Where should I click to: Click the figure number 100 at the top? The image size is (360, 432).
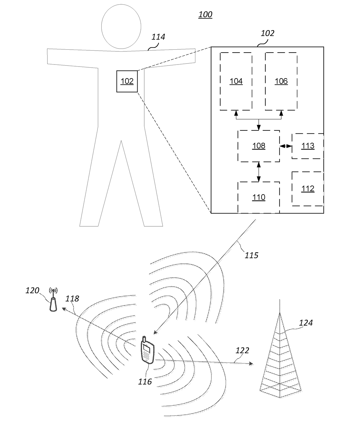click(x=205, y=14)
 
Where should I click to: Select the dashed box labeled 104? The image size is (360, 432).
click(x=236, y=81)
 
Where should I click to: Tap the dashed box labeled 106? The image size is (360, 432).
click(x=281, y=81)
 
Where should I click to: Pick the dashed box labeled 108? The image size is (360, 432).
click(x=259, y=146)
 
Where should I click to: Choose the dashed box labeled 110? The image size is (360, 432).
click(x=259, y=198)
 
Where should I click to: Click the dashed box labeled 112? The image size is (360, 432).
click(x=308, y=189)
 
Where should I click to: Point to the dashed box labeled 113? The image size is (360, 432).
click(x=308, y=146)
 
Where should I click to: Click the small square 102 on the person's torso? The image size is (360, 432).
click(x=127, y=81)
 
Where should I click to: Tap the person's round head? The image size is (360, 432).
click(x=121, y=26)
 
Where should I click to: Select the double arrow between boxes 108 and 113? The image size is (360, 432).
click(x=286, y=146)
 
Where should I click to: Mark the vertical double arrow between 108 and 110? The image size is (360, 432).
click(x=259, y=172)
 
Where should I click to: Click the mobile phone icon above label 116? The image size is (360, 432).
click(x=147, y=350)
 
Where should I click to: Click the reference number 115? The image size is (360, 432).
click(x=251, y=255)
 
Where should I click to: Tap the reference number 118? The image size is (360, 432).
click(x=72, y=299)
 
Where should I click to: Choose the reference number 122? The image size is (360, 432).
click(x=242, y=350)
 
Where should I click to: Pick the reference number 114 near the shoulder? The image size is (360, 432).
click(x=158, y=37)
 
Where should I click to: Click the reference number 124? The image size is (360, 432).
click(x=306, y=323)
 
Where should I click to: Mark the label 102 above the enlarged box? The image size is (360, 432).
click(x=267, y=33)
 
